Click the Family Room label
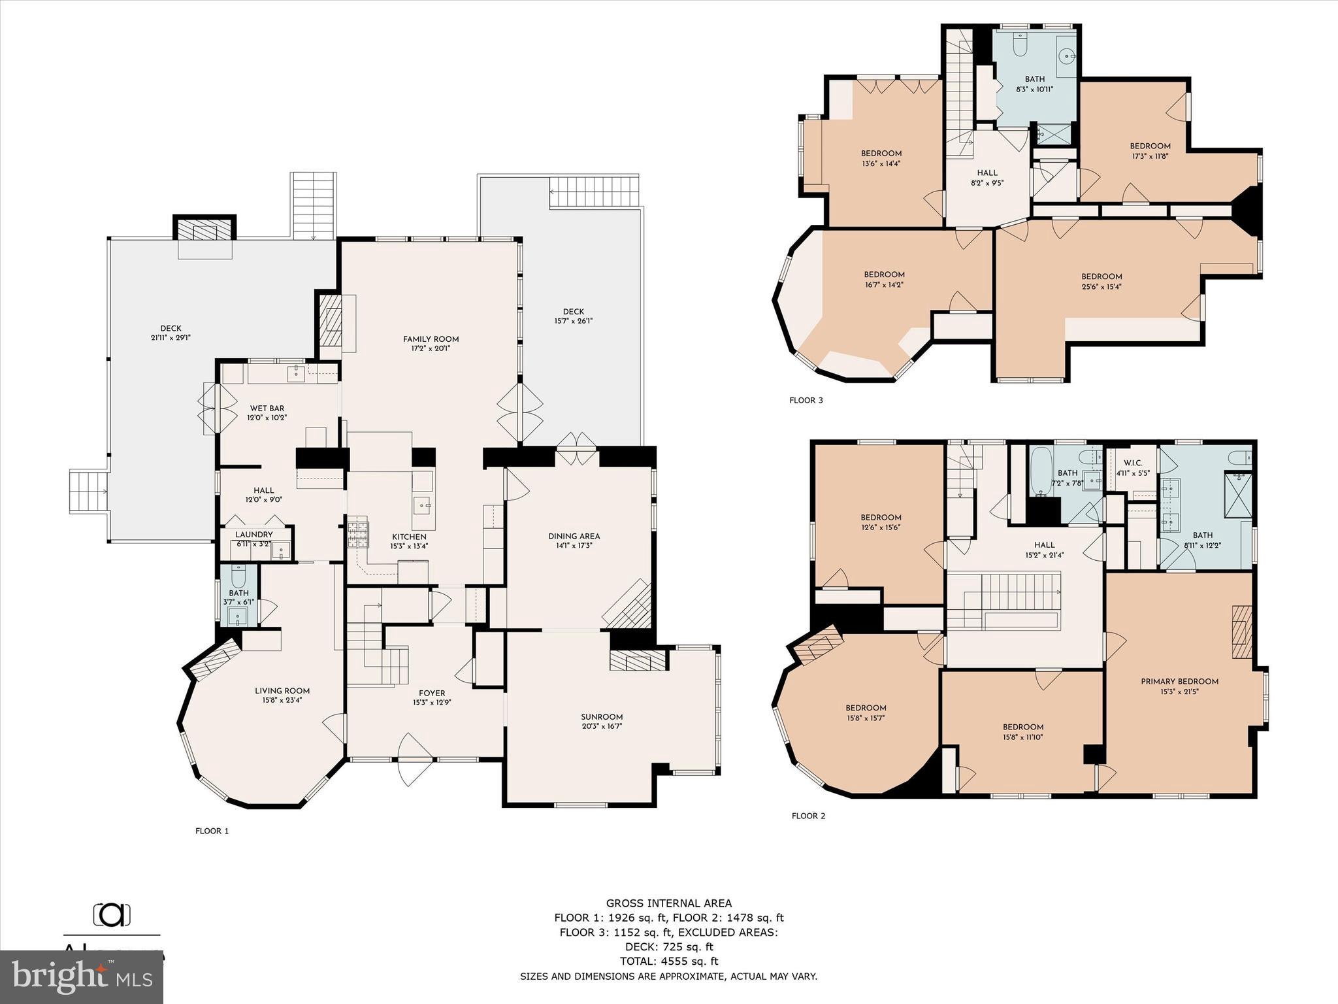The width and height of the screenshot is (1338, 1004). [x=431, y=339]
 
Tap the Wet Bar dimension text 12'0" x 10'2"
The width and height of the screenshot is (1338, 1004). [x=267, y=417]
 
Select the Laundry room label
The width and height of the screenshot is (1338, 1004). [x=253, y=535]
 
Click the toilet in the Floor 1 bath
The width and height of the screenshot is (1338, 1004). [x=238, y=577]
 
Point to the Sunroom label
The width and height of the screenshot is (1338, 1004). [x=602, y=716]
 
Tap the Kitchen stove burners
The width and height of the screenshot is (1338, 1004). [x=357, y=533]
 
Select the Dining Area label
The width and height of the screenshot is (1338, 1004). [x=574, y=536]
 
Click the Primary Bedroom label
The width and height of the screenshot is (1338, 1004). [x=1179, y=681]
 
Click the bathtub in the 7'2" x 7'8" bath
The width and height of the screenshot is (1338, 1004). [x=1039, y=472]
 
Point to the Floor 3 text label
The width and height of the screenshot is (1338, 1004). [x=806, y=400]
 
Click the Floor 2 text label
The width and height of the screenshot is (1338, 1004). [x=808, y=816]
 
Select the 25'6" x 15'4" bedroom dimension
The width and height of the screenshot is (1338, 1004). [x=1101, y=286]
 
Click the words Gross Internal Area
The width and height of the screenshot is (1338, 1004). [x=668, y=903]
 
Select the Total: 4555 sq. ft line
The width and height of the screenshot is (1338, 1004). [x=668, y=961]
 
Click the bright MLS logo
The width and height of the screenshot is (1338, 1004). [x=82, y=977]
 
